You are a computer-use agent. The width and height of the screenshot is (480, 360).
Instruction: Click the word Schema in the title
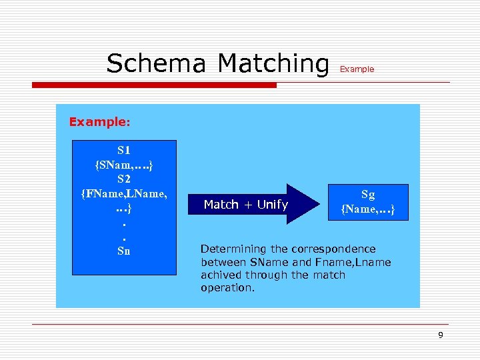[x=157, y=64]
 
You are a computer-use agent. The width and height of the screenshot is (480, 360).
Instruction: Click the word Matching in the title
[x=273, y=64]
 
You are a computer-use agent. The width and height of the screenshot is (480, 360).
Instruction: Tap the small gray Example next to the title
[x=357, y=69]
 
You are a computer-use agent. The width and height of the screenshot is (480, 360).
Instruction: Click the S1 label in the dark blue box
[x=124, y=149]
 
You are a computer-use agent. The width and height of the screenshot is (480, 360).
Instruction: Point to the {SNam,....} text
[x=124, y=164]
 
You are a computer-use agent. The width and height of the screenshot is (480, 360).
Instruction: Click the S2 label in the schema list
[x=124, y=179]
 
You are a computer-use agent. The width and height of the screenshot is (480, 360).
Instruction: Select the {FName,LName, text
[x=124, y=193]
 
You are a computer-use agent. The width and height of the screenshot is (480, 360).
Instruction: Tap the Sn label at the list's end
[x=124, y=251]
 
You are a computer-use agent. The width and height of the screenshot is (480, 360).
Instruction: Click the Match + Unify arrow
[x=245, y=205]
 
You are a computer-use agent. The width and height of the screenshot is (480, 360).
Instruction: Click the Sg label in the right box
[x=368, y=195]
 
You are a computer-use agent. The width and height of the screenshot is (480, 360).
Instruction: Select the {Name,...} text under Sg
[x=368, y=210]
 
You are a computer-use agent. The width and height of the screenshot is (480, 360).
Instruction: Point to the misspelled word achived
[x=221, y=275]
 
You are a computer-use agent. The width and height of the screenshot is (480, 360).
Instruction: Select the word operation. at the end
[x=227, y=288]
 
